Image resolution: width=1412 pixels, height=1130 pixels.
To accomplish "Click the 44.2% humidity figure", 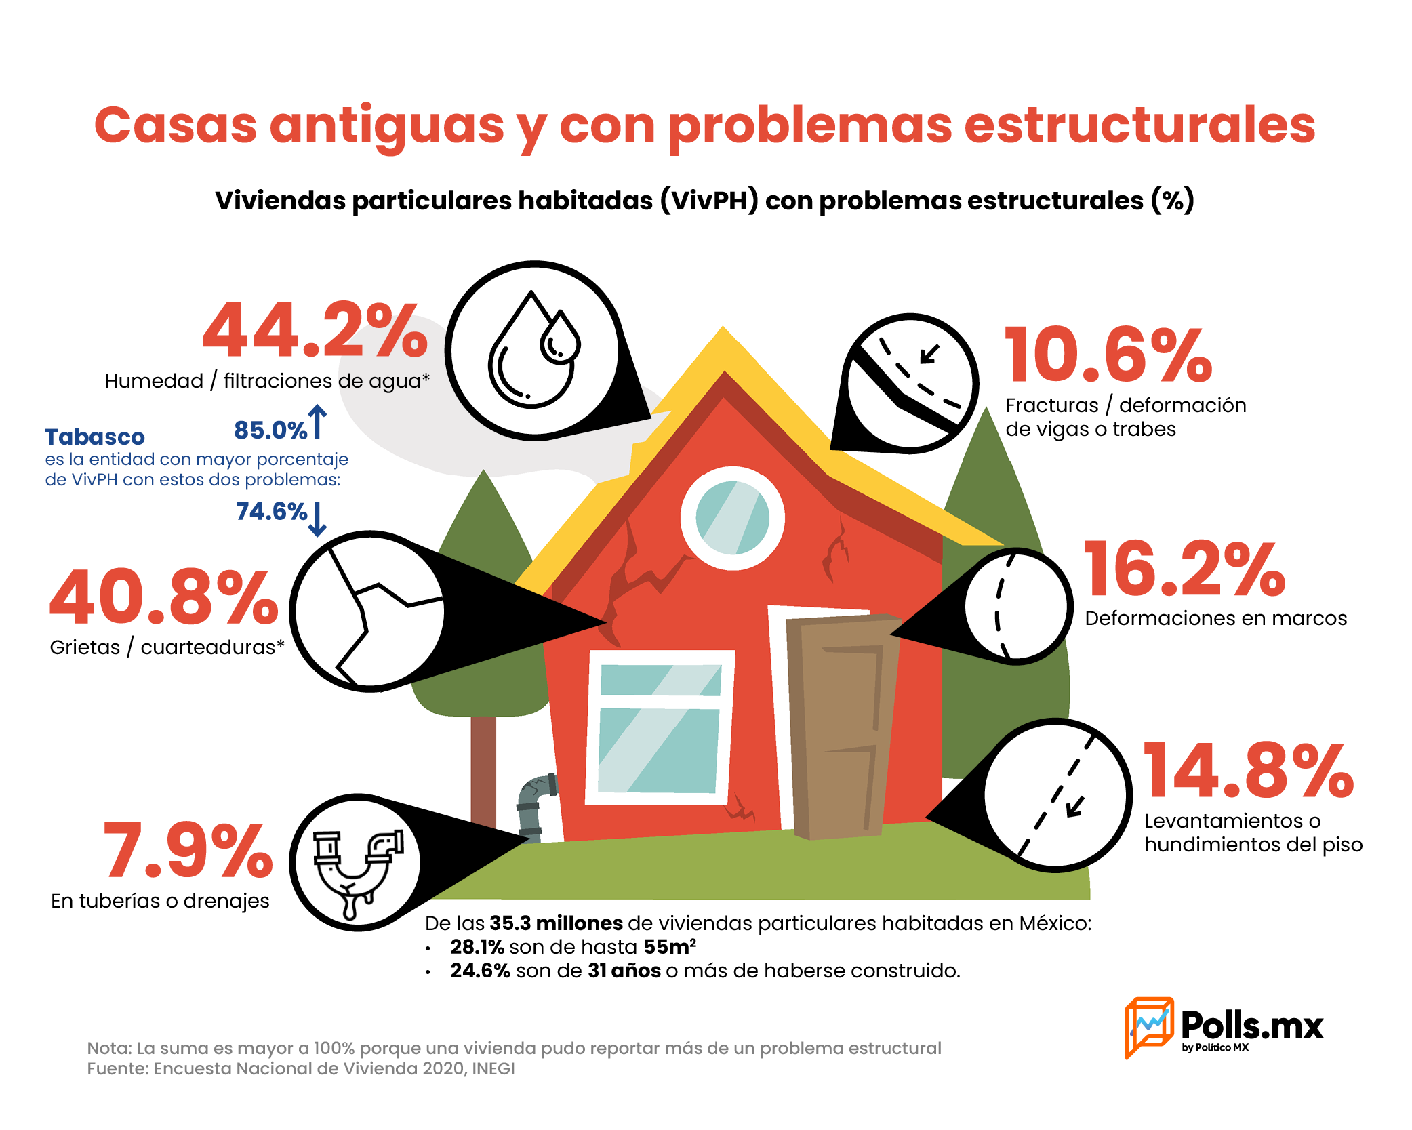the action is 315,329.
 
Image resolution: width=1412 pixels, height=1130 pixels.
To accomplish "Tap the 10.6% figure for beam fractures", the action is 1108,355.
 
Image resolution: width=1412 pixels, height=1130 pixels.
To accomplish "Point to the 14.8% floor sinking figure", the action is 1249,770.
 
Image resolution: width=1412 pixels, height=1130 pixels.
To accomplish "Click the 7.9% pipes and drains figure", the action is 188,849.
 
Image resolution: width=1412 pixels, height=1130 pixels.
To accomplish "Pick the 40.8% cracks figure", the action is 164,597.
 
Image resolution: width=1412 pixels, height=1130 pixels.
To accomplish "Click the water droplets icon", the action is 533,350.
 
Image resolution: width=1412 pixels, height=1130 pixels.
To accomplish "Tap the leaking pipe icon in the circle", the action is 358,874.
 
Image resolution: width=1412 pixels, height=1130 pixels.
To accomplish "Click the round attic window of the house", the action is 733,519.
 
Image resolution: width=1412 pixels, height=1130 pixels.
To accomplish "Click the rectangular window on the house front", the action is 660,727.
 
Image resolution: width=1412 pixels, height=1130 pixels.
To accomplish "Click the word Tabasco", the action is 95,437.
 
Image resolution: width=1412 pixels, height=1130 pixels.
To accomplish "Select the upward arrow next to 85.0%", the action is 317,422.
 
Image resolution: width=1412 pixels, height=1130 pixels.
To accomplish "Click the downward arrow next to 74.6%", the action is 317,519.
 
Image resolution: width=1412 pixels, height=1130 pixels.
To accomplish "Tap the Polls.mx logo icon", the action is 1149,1027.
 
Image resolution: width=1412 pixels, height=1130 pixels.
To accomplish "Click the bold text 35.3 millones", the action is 556,923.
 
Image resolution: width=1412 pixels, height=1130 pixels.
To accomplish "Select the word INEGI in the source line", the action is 493,1069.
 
